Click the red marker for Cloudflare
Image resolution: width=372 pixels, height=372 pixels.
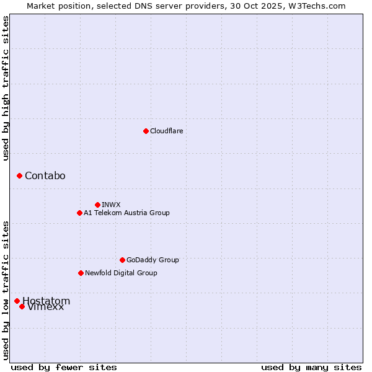point(146,131)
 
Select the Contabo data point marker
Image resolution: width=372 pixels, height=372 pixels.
point(19,176)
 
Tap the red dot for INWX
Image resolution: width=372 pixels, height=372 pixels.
point(97,205)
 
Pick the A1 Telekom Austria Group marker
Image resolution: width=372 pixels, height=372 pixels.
point(79,213)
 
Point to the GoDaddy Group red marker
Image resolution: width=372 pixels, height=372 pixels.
point(122,260)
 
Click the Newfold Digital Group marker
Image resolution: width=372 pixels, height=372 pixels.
point(81,273)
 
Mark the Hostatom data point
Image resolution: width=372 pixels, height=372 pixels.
point(17,301)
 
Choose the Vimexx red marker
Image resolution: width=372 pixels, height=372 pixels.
point(22,306)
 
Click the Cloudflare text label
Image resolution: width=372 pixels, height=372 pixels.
point(166,131)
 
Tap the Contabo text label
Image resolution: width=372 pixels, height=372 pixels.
point(45,176)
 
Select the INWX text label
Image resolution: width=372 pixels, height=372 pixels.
point(111,205)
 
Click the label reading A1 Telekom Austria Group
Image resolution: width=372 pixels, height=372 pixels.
point(126,213)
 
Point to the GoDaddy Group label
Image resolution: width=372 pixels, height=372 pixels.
point(153,260)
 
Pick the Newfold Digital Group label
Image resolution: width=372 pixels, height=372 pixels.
point(121,273)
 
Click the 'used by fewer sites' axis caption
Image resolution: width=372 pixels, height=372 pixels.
point(64,367)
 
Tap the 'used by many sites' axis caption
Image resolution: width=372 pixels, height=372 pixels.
point(311,367)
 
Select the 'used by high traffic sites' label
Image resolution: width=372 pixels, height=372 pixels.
point(6,88)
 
